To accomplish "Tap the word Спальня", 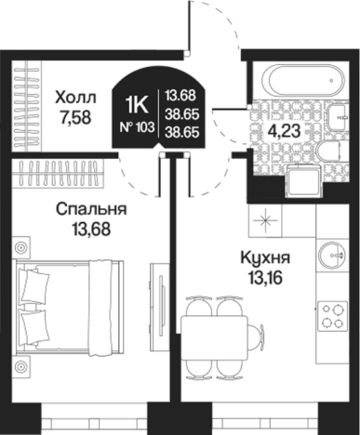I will click(x=89, y=209).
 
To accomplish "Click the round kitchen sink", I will click(x=329, y=252).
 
